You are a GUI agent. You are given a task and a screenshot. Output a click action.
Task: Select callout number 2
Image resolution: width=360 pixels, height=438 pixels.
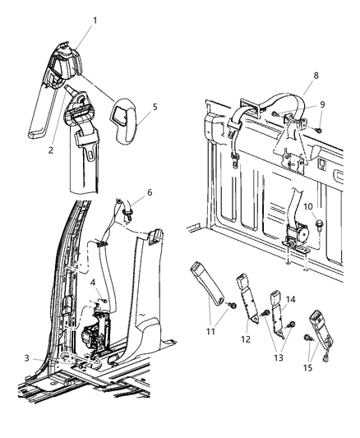point(51,150)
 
